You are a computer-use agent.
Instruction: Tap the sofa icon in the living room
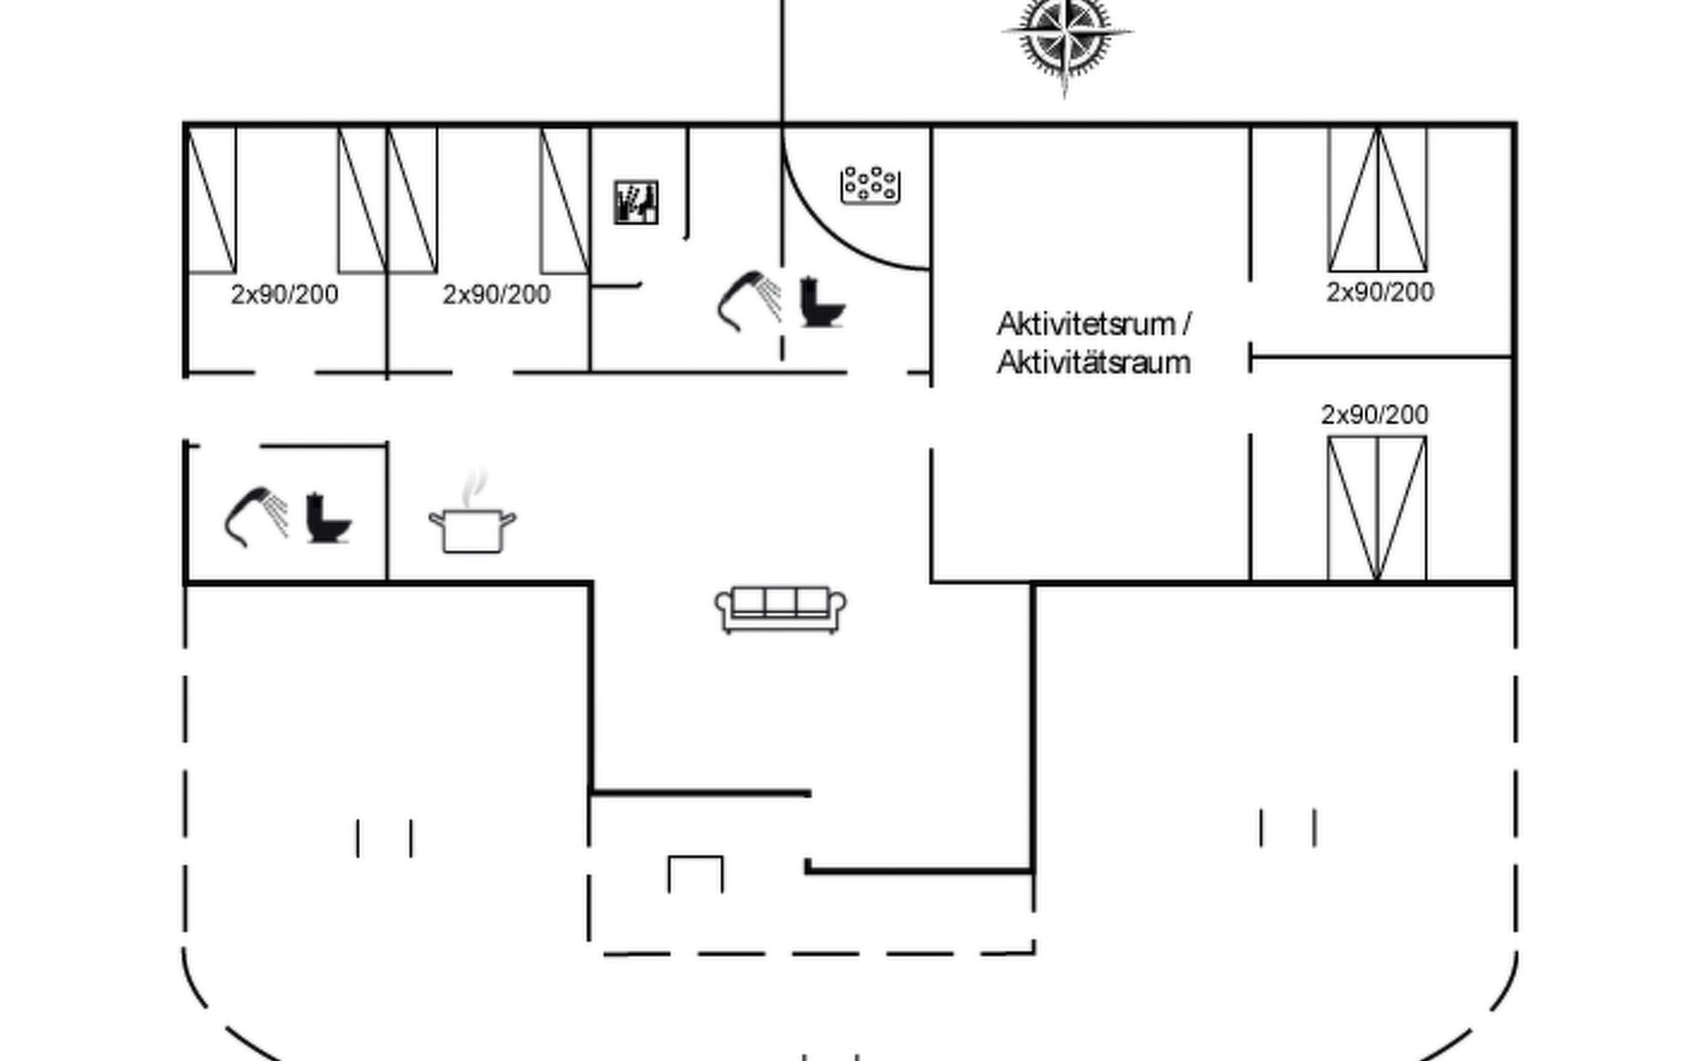[x=780, y=609]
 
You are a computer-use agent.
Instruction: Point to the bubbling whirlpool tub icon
[x=870, y=185]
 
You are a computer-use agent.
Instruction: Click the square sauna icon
[x=636, y=202]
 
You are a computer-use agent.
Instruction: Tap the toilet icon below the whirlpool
[x=822, y=303]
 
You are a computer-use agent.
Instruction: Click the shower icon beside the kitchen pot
[x=256, y=516]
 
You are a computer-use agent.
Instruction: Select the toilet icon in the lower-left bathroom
[x=327, y=519]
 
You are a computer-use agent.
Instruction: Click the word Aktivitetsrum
[x=1086, y=324]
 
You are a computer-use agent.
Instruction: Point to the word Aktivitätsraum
[x=1093, y=363]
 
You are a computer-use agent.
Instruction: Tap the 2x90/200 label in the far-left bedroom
[x=284, y=294]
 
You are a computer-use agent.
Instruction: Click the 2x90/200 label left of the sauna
[x=496, y=294]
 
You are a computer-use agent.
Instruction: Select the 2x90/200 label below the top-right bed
[x=1380, y=292]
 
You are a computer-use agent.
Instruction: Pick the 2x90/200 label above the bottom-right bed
[x=1374, y=414]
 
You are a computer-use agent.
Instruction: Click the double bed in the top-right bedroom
[x=1378, y=200]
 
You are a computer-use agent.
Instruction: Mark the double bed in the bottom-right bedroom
[x=1377, y=509]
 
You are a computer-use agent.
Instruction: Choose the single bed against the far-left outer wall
[x=211, y=200]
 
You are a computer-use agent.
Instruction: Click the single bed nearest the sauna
[x=565, y=200]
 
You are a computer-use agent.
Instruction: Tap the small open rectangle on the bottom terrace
[x=696, y=874]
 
